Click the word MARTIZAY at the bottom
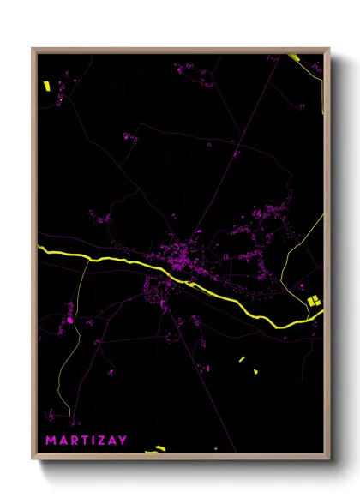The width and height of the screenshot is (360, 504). (x=86, y=440)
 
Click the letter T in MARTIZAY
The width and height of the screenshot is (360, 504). (x=84, y=440)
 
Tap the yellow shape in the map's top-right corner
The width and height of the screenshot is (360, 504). (x=294, y=57)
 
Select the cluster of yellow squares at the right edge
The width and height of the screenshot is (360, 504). (x=314, y=300)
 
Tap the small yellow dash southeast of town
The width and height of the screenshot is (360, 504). (x=242, y=359)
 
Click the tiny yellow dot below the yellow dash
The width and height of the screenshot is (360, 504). (x=255, y=372)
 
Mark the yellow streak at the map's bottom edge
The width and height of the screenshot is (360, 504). (x=155, y=448)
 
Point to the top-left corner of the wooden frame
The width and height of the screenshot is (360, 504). (x=33, y=49)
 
